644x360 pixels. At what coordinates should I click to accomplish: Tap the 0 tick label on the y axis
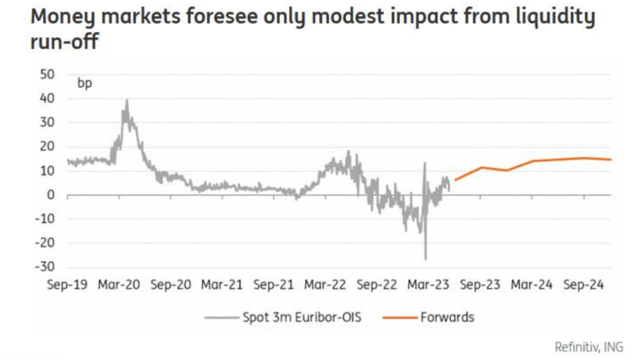point(52,195)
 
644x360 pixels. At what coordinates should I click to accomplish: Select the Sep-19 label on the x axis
point(67,284)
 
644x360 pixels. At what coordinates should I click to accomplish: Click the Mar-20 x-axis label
point(119,284)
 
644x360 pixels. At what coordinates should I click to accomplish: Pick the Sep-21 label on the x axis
point(274,284)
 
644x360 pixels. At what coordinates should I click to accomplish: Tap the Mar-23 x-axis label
point(429,284)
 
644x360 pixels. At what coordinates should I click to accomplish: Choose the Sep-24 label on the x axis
point(584,284)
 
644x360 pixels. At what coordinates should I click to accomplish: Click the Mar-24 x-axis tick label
point(532,284)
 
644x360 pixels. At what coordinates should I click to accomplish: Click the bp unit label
point(84,83)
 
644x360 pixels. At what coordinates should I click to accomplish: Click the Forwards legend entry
point(428,317)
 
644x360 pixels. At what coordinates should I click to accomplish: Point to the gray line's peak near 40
point(127,100)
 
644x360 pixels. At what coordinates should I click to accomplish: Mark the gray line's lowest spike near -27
point(426,259)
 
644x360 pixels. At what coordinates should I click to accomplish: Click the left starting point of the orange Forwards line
point(455,181)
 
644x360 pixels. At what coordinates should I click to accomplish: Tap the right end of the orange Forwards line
point(610,159)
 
